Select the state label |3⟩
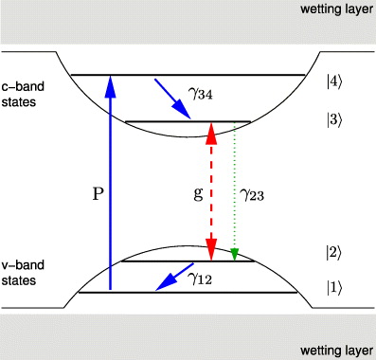(x=331, y=123)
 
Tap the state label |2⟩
(x=331, y=252)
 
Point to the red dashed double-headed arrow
(x=211, y=189)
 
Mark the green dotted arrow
(x=234, y=189)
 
